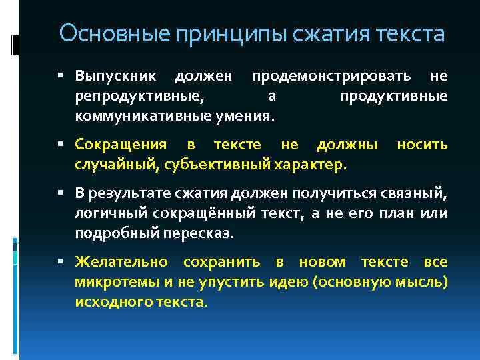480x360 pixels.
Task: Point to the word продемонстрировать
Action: [x=335, y=77]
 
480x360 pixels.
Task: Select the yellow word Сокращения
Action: [x=118, y=145]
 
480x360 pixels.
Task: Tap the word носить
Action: [x=422, y=145]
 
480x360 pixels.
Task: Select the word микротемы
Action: [x=111, y=282]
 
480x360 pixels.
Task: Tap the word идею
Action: [x=291, y=282]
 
